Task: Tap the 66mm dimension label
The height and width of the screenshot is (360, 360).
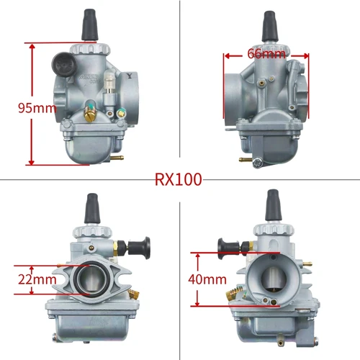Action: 266,53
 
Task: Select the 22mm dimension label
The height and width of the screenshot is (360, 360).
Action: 35,279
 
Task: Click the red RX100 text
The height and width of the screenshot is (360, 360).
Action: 179,179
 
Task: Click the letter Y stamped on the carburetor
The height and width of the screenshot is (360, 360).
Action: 127,73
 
